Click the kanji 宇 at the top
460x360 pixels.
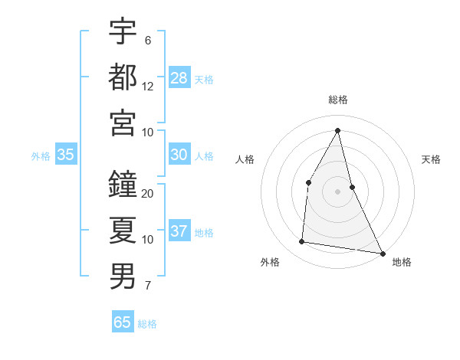pyautogui.click(x=123, y=32)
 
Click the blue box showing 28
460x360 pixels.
pyautogui.click(x=179, y=77)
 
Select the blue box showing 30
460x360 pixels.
pyautogui.click(x=179, y=155)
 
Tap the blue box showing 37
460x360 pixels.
pyautogui.click(x=179, y=231)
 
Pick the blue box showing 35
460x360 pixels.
pyautogui.click(x=66, y=155)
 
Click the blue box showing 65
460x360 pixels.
pyautogui.click(x=123, y=322)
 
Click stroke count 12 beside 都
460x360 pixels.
pyautogui.click(x=148, y=87)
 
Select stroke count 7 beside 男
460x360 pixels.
pyautogui.click(x=148, y=286)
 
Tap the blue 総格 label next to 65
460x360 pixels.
pyautogui.click(x=147, y=324)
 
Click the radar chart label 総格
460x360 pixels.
pyautogui.click(x=338, y=100)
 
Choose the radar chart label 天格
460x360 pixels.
pyautogui.click(x=432, y=159)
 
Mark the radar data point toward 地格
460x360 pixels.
pyautogui.click(x=383, y=252)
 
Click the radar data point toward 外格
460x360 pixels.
pyautogui.click(x=302, y=242)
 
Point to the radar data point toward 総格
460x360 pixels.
pyautogui.click(x=338, y=129)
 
